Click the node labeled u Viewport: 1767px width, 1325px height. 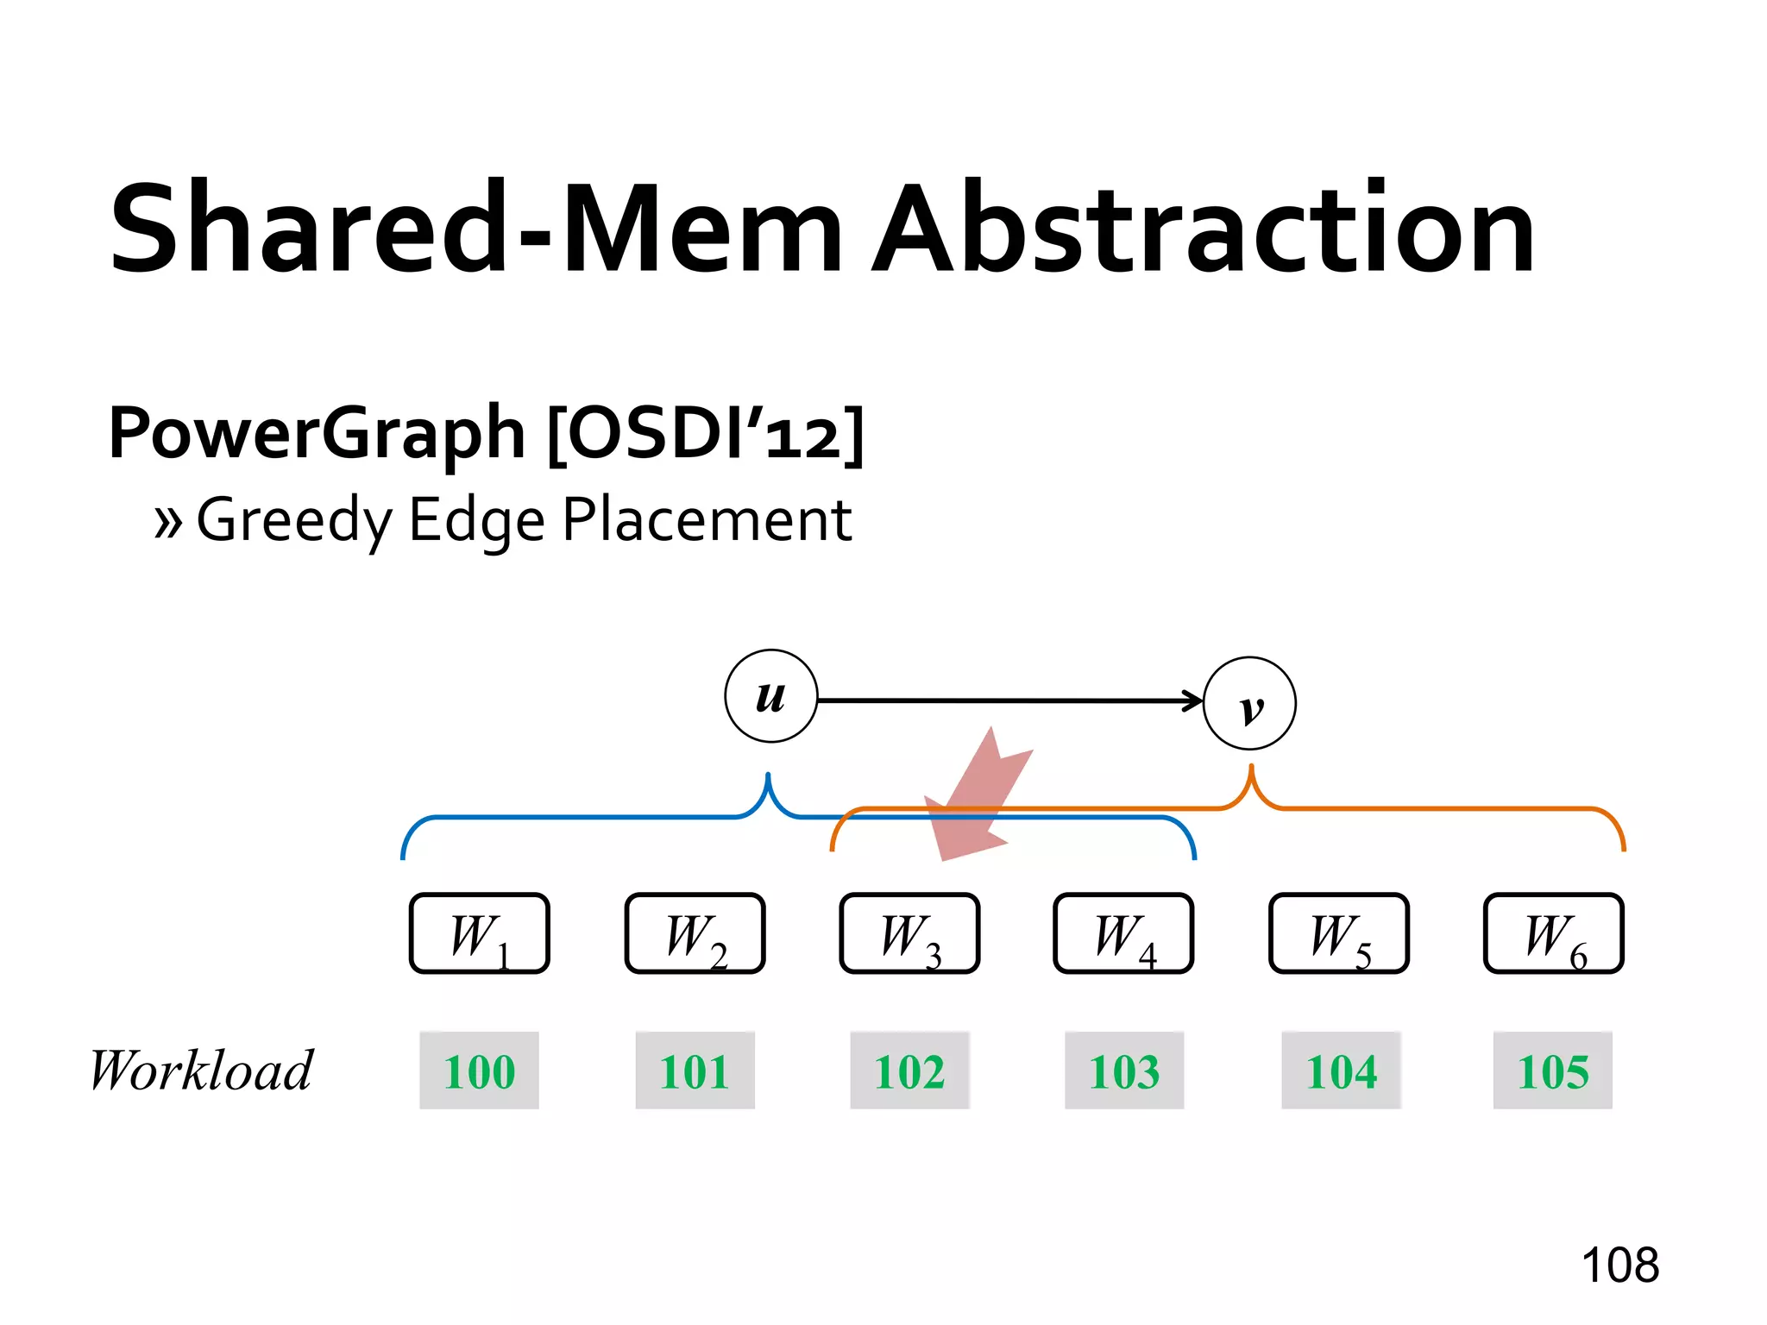coord(770,696)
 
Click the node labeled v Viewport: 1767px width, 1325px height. coord(1249,703)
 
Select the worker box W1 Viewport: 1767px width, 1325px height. coord(480,933)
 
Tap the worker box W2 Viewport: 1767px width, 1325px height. coord(695,933)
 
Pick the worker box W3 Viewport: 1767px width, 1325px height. coord(910,933)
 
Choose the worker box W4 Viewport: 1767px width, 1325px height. coord(1124,933)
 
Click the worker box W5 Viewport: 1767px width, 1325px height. coord(1339,933)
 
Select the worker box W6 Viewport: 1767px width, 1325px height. coord(1554,933)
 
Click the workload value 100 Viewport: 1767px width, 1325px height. coord(480,1071)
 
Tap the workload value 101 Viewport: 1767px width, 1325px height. coord(695,1071)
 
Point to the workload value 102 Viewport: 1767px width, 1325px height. coord(910,1071)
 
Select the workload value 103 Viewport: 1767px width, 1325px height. coord(1124,1071)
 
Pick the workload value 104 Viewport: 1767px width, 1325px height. coord(1342,1071)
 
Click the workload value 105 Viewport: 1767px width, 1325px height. coord(1553,1071)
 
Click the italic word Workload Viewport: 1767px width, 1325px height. coord(202,1071)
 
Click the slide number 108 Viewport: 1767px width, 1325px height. coord(1619,1265)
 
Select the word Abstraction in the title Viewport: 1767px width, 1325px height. coord(1204,229)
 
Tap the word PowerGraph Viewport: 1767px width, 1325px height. coord(317,433)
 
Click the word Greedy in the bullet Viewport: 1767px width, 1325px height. coord(293,520)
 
